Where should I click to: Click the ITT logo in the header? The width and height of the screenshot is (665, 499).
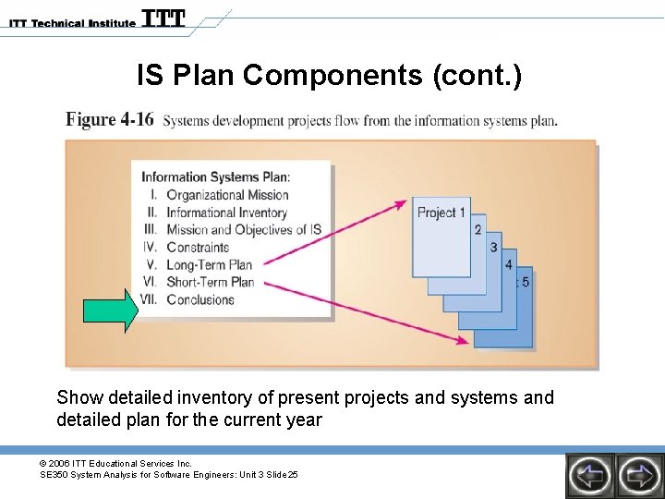tap(163, 19)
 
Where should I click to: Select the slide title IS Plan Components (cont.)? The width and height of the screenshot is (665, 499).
tap(329, 75)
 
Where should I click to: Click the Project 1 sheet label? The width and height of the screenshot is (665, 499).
tap(441, 213)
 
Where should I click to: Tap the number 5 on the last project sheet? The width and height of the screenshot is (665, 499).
tap(526, 282)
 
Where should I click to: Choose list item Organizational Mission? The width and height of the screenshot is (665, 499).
tap(227, 195)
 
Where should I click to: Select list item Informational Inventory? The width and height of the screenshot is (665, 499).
tap(227, 213)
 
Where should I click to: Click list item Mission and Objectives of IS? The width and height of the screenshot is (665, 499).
tap(243, 230)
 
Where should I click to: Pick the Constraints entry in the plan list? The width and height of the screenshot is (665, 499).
tap(198, 248)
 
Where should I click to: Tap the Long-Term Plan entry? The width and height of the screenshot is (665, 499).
tap(210, 265)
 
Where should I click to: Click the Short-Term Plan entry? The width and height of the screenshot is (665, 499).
tap(210, 283)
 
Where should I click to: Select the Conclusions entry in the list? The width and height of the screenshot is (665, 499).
tap(200, 299)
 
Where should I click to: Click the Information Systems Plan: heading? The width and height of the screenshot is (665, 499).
tap(215, 176)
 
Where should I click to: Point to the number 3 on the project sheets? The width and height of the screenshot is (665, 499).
tap(493, 248)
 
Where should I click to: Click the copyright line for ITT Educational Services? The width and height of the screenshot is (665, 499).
tap(115, 463)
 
